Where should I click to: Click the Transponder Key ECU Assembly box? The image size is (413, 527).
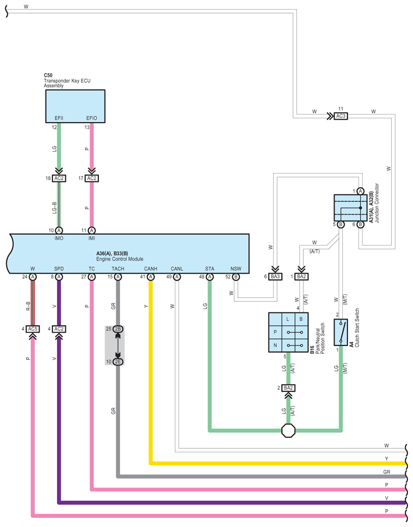coord(75,106)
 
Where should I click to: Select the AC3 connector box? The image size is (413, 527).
coord(341,116)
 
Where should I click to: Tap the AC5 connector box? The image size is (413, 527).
coord(33,329)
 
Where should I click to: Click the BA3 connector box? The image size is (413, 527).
coord(275,277)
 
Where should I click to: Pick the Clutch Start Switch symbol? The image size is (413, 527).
coord(341,332)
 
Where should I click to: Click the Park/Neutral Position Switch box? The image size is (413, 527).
coord(288,332)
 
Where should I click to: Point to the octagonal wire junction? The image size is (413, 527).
coord(288,430)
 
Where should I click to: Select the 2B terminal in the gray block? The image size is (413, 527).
coord(118,329)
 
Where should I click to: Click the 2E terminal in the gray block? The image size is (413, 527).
coord(118,361)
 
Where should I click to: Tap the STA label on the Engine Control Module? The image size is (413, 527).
coord(210,269)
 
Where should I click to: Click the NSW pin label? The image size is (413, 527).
coord(236,269)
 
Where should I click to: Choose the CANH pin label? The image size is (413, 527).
coord(150,269)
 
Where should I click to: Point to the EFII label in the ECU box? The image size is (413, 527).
coord(59,118)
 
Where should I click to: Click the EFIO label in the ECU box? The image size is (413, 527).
coord(92,118)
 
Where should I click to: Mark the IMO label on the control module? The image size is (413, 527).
coord(59,238)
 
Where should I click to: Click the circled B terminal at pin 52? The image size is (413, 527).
coord(236,277)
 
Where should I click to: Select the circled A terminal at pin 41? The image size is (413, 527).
coord(150,277)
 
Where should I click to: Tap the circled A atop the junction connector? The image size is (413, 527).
coord(360,191)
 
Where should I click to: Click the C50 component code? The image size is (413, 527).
coord(48,75)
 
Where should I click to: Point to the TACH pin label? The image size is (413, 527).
coord(118,269)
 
